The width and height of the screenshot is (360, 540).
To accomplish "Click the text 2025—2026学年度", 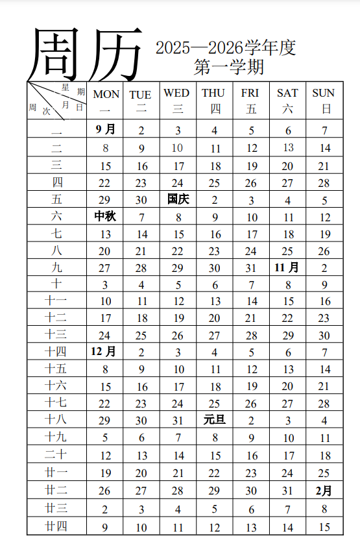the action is [225, 47].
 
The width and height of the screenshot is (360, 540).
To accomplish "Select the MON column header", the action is [106, 101].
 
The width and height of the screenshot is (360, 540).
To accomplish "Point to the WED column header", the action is [176, 101].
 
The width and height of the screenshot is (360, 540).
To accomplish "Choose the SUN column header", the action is [324, 101].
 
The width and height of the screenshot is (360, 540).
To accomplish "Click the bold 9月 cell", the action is [105, 130].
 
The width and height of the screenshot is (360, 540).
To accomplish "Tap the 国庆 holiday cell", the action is [178, 199].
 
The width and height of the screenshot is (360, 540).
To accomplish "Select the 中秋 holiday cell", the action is [105, 216].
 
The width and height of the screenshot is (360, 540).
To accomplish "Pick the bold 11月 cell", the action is [287, 267].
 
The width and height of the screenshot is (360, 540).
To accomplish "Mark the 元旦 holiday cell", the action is [215, 419].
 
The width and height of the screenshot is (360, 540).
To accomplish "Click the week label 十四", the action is [56, 352].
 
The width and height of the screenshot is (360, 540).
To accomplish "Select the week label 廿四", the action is [56, 526].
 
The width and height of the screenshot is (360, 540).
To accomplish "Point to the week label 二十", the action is [56, 454].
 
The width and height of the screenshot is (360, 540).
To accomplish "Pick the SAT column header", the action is [287, 101].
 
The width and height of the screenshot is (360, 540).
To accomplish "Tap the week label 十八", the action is [56, 419].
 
